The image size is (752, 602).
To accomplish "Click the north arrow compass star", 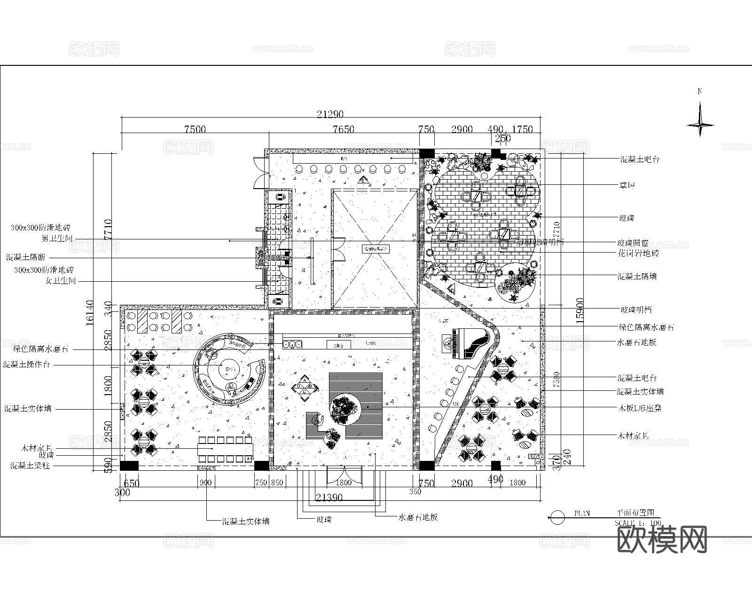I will pyautogui.click(x=700, y=125).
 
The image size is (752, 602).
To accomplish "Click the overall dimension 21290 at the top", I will pyautogui.click(x=330, y=114).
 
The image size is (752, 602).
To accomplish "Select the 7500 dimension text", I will pyautogui.click(x=195, y=129).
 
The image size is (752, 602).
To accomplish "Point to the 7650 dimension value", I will pyautogui.click(x=344, y=129).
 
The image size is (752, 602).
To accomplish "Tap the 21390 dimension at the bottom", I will pyautogui.click(x=329, y=497).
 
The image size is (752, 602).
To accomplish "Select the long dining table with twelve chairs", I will pyautogui.click(x=225, y=449).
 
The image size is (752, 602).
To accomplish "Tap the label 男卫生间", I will pyautogui.click(x=57, y=238).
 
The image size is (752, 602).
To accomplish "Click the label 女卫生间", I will pyautogui.click(x=60, y=281).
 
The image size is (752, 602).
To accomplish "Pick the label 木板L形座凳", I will pyautogui.click(x=639, y=408).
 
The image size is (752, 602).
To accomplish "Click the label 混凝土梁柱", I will pyautogui.click(x=30, y=466).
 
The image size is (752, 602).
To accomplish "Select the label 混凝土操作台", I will pyautogui.click(x=26, y=364).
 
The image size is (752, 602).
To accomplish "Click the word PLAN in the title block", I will pyautogui.click(x=582, y=514).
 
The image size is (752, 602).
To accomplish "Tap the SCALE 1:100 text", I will pyautogui.click(x=638, y=523).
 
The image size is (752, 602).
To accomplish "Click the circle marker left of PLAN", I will pyautogui.click(x=557, y=517).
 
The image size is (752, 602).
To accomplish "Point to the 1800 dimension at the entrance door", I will pyautogui.click(x=344, y=482).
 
